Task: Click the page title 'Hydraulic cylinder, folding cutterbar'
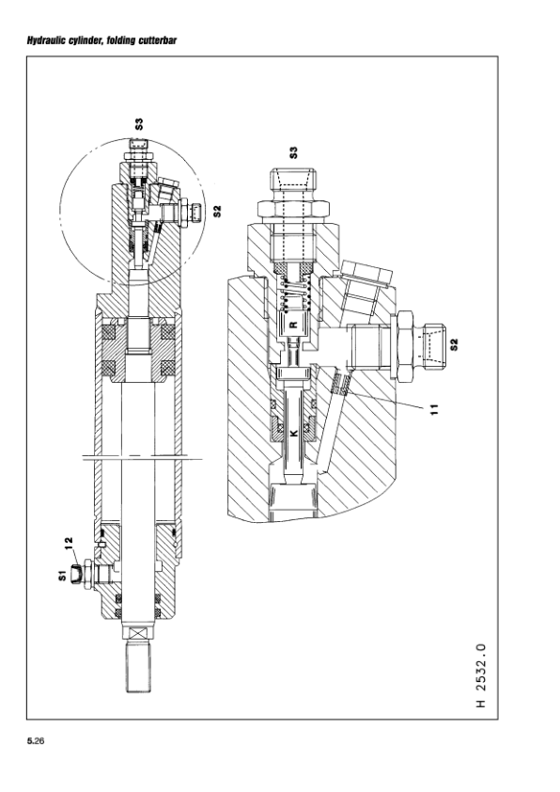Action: point(101,40)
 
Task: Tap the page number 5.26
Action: point(36,741)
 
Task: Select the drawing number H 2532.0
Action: point(481,675)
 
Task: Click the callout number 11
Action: point(435,409)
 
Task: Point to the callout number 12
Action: point(69,542)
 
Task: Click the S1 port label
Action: point(62,576)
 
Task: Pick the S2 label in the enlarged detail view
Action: point(454,344)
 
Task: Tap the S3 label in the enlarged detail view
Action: point(293,152)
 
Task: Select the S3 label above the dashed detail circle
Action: point(139,124)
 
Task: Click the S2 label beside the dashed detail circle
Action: point(217,211)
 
